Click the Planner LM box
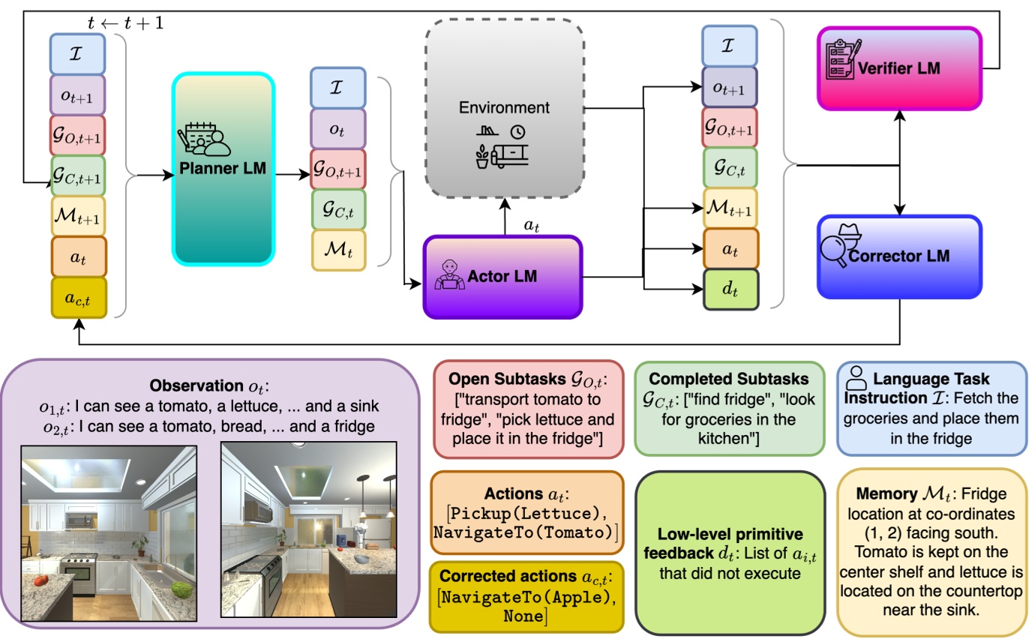pyautogui.click(x=223, y=169)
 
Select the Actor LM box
pyautogui.click(x=502, y=277)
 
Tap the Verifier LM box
pyautogui.click(x=898, y=69)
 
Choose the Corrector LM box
pyautogui.click(x=898, y=256)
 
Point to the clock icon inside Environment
pyautogui.click(x=517, y=131)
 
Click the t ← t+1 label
pyautogui.click(x=125, y=23)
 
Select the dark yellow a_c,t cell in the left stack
pyautogui.click(x=79, y=298)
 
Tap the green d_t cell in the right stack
pyautogui.click(x=730, y=289)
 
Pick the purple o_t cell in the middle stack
pyautogui.click(x=337, y=128)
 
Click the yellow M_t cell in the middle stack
pyautogui.click(x=337, y=250)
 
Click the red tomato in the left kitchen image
pyautogui.click(x=41, y=579)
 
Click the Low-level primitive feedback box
pyautogui.click(x=730, y=553)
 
